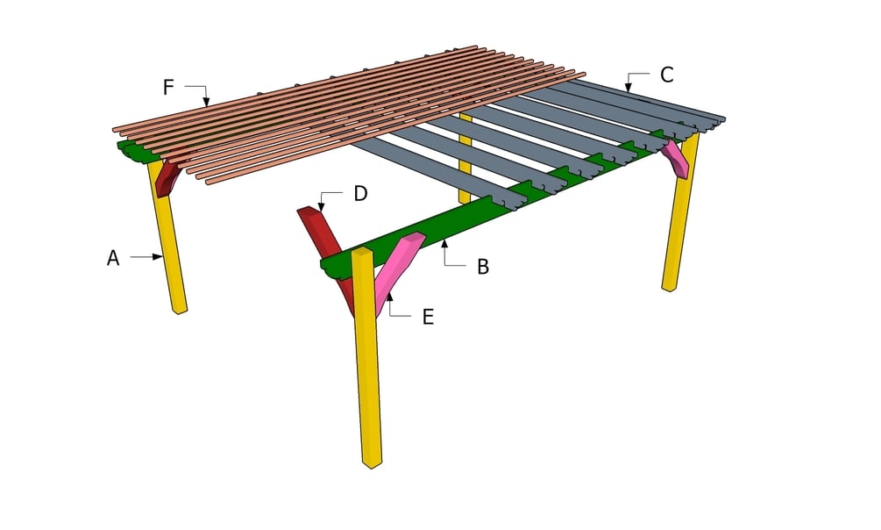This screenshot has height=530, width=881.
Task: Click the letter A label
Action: pos(113,257)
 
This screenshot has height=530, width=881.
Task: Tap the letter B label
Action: pos(483,266)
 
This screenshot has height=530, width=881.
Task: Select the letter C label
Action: pos(667,75)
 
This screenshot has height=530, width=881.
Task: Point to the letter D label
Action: pos(360,193)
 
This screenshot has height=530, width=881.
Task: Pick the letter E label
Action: pos(428,317)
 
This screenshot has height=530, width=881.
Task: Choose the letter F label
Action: pos(168,87)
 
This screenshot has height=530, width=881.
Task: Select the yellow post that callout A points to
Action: pos(169,246)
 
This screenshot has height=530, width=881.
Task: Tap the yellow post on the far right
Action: pos(680,219)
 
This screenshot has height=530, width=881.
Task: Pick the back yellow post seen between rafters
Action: pos(465,158)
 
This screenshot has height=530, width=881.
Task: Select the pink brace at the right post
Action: pos(674,157)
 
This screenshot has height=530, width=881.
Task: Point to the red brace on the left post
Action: pos(167,175)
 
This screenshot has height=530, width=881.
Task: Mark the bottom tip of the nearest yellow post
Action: pos(372,464)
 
